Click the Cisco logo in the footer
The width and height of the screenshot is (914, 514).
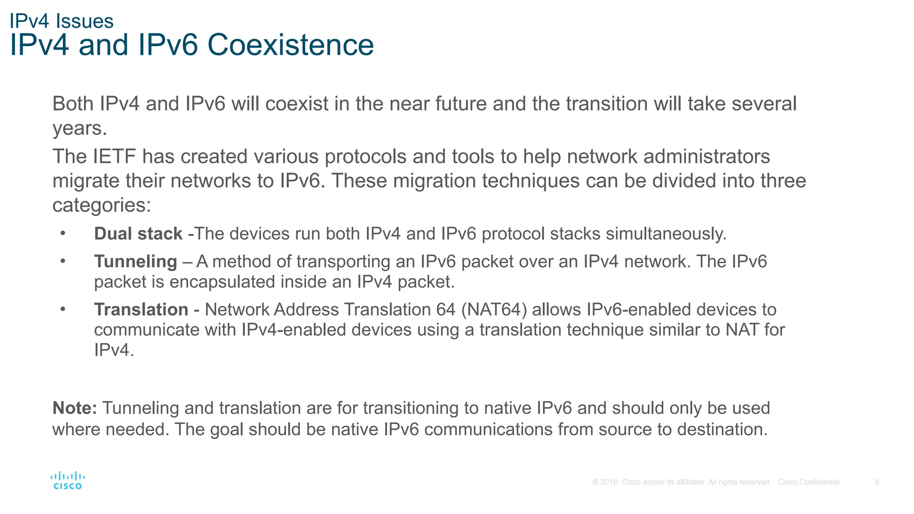click(x=67, y=481)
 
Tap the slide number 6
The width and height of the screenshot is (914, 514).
click(x=877, y=482)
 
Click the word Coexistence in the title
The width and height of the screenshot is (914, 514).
click(x=291, y=45)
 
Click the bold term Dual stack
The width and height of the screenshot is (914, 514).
click(x=138, y=234)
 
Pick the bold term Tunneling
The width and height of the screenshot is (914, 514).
click(x=136, y=261)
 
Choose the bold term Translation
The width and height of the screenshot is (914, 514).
click(x=141, y=310)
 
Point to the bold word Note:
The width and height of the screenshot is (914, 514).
click(x=75, y=408)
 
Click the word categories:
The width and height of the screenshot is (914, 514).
click(x=102, y=205)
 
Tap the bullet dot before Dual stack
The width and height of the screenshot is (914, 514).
click(x=63, y=233)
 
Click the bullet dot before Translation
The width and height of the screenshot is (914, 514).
click(x=63, y=309)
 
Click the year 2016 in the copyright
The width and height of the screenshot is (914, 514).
click(x=609, y=482)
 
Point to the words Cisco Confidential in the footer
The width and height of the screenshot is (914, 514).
click(x=808, y=482)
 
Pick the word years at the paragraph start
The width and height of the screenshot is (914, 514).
click(x=79, y=129)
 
